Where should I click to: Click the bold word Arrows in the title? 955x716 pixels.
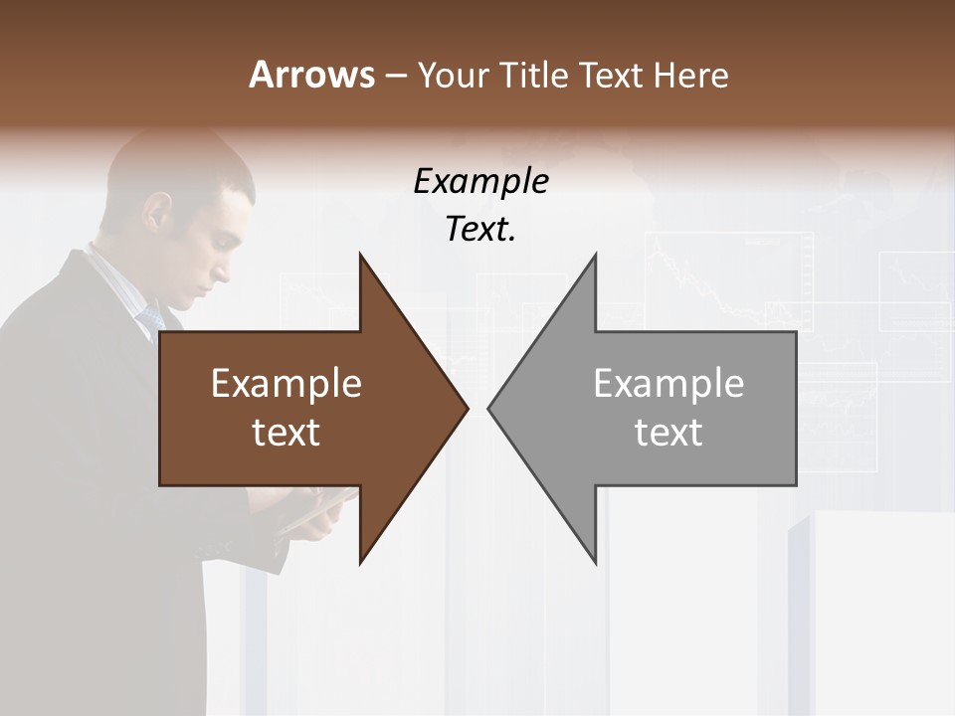pyautogui.click(x=311, y=75)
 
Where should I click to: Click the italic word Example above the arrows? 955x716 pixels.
pyautogui.click(x=480, y=181)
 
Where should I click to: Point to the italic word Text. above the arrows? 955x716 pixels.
pyautogui.click(x=480, y=229)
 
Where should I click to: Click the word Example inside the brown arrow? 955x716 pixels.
pyautogui.click(x=286, y=384)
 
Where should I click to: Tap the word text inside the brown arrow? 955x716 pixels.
pyautogui.click(x=286, y=432)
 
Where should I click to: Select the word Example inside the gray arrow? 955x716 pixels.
pyautogui.click(x=668, y=384)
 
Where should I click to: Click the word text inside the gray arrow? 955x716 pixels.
pyautogui.click(x=668, y=432)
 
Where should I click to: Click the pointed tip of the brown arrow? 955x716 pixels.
pyautogui.click(x=466, y=408)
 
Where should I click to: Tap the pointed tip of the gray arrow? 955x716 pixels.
pyautogui.click(x=490, y=408)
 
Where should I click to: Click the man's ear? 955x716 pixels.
pyautogui.click(x=159, y=211)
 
